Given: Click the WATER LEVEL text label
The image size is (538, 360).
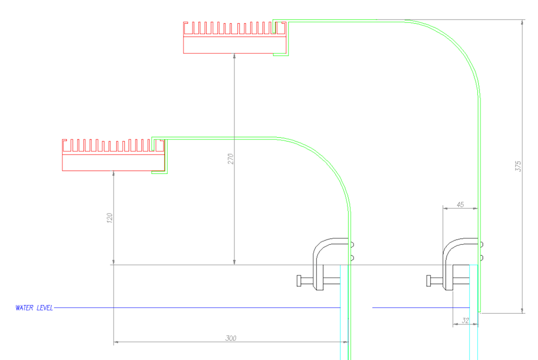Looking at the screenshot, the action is [x=34, y=308].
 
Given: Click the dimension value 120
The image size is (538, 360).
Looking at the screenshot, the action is [x=109, y=218].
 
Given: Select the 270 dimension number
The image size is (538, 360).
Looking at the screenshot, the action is [x=231, y=159].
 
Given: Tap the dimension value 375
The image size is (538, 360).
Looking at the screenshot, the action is [x=518, y=166].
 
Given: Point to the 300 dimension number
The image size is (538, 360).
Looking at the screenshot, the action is [x=231, y=338].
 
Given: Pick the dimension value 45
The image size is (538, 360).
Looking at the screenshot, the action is [x=460, y=204].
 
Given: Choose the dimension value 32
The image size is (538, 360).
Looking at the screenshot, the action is [x=465, y=321].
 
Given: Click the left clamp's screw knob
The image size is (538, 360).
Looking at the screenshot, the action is [x=299, y=281].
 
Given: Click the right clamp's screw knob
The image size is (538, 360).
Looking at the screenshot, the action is [x=429, y=281].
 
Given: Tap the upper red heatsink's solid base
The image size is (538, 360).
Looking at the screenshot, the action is [x=235, y=45].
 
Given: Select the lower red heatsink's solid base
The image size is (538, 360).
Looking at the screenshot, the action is [x=113, y=163].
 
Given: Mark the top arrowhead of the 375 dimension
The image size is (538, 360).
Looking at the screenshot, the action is [x=522, y=23].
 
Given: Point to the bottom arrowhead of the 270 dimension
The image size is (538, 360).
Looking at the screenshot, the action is [x=235, y=262].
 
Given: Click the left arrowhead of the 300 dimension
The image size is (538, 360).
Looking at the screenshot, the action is [x=116, y=342].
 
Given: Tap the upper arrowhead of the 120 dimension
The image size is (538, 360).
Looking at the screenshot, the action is [x=114, y=174].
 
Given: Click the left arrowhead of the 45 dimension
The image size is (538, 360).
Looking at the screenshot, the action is [x=445, y=208].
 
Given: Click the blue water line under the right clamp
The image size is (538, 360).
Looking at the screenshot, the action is [x=421, y=307].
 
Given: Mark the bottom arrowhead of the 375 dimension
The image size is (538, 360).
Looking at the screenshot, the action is [x=522, y=310].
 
